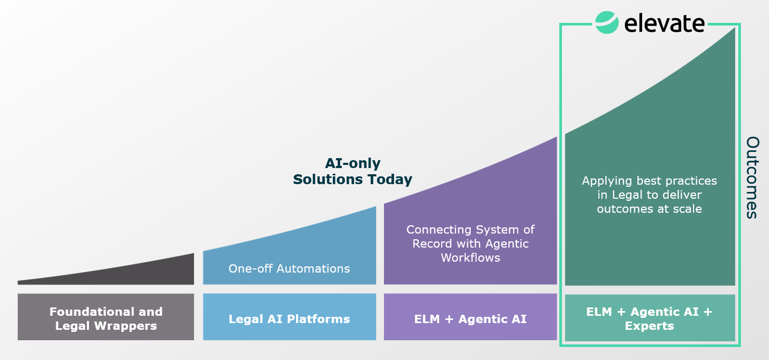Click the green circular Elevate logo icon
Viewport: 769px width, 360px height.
[607, 22]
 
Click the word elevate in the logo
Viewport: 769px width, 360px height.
[664, 23]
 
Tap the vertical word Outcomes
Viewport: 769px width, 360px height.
[752, 177]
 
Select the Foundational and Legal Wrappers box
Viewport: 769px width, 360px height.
[106, 317]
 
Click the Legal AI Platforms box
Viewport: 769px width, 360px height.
[289, 317]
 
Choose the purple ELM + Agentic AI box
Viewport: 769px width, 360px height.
[470, 317]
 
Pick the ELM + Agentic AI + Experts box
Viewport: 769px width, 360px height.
[649, 318]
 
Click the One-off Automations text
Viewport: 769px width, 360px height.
[289, 269]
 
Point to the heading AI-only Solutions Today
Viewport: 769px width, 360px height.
[353, 172]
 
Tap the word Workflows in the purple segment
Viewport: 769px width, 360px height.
[470, 258]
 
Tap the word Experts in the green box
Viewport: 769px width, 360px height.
[649, 327]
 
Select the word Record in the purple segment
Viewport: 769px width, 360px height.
[431, 244]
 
